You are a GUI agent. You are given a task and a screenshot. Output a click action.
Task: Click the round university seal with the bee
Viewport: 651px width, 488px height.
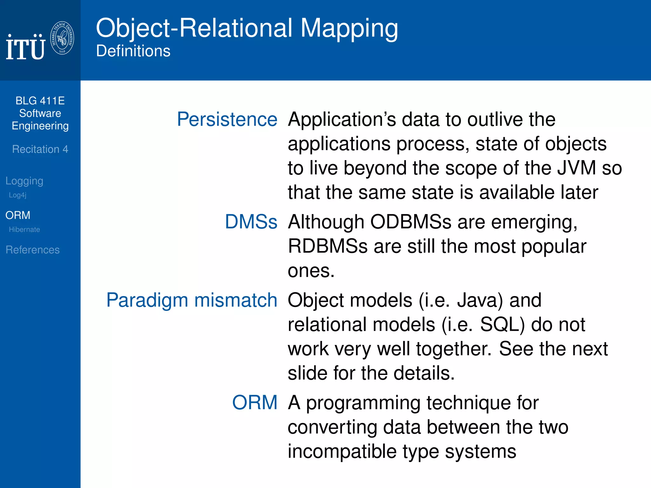point(62,38)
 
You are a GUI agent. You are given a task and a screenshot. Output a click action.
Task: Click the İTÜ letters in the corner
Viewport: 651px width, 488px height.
point(25,48)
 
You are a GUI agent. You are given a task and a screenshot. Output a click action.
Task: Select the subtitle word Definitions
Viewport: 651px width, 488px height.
point(133,51)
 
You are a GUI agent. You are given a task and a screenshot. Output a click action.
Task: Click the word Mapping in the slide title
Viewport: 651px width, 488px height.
point(349,29)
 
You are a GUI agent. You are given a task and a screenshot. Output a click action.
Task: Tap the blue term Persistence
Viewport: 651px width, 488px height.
point(227,119)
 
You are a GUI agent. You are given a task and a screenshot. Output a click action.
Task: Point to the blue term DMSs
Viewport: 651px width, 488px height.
point(251,222)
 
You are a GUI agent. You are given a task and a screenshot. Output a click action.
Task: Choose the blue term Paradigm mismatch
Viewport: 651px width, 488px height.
point(192,300)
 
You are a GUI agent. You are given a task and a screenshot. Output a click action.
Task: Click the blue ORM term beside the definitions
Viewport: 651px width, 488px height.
point(255,403)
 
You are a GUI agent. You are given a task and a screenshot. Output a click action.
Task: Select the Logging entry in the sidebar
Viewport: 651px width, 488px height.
point(24,181)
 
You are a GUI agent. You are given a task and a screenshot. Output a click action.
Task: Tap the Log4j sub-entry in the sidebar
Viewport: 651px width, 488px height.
point(17,195)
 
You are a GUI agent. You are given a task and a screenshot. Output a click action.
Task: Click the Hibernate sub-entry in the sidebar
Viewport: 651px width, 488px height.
point(24,229)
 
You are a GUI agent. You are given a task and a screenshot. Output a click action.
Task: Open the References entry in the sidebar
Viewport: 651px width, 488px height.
point(33,250)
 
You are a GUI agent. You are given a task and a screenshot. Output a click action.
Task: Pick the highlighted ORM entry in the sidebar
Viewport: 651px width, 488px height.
point(18,215)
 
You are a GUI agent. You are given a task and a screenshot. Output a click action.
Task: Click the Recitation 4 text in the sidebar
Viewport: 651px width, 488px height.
point(40,149)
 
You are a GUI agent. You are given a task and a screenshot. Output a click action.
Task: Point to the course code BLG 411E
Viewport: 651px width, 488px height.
point(40,101)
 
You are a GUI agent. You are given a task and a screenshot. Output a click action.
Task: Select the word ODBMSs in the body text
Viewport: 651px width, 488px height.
point(411,222)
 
